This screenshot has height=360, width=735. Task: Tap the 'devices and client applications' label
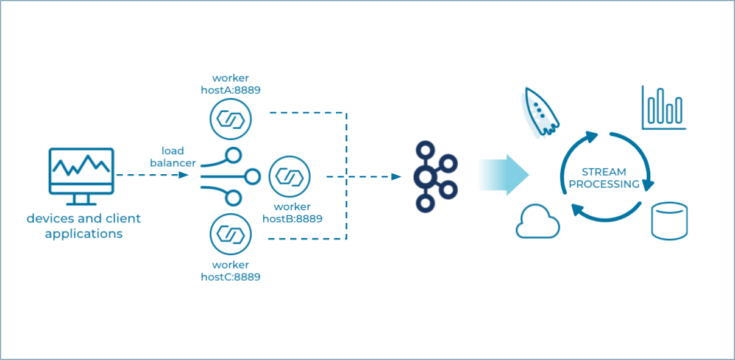[83, 226]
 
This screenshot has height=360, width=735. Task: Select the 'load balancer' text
[173, 157]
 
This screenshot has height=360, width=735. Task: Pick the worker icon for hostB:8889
[289, 177]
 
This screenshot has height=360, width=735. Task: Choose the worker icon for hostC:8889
[230, 235]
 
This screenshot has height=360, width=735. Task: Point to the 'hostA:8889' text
[231, 90]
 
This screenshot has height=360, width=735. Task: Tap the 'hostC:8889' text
[231, 277]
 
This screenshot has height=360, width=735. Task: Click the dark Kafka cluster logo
[433, 177]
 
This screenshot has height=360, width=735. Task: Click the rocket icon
[540, 112]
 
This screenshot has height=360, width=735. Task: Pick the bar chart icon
[664, 108]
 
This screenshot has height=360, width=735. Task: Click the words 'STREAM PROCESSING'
[604, 178]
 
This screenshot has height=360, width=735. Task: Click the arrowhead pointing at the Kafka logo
[396, 177]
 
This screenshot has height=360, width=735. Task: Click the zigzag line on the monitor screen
[81, 165]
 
